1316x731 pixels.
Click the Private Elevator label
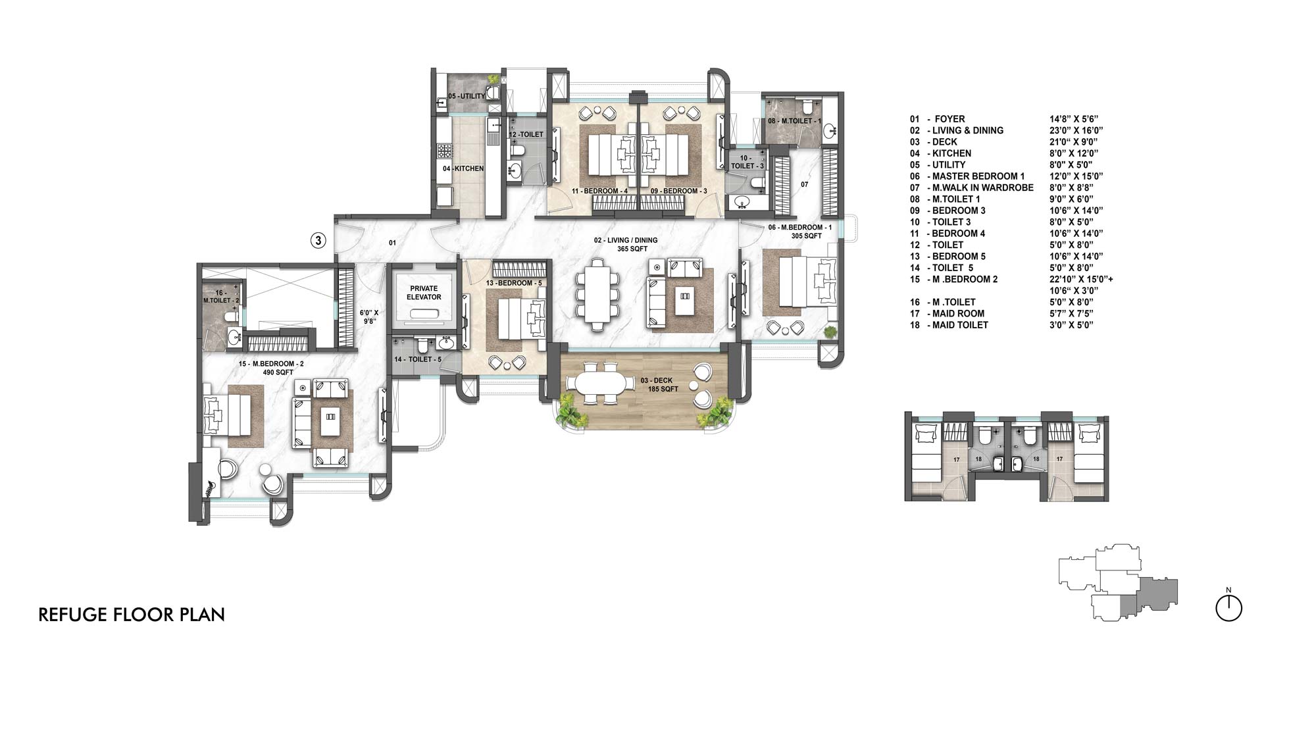click(x=424, y=293)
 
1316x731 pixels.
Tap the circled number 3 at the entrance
click(x=318, y=241)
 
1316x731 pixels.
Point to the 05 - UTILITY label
click(x=467, y=96)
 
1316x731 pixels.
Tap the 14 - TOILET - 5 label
click(x=417, y=359)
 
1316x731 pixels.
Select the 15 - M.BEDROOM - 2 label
click(x=270, y=368)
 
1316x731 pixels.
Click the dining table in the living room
click(x=597, y=293)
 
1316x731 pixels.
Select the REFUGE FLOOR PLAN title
click(x=132, y=615)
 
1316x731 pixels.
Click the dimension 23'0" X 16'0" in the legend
click(x=1076, y=130)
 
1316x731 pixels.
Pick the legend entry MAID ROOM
click(x=957, y=313)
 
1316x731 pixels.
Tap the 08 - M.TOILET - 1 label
click(x=794, y=122)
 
